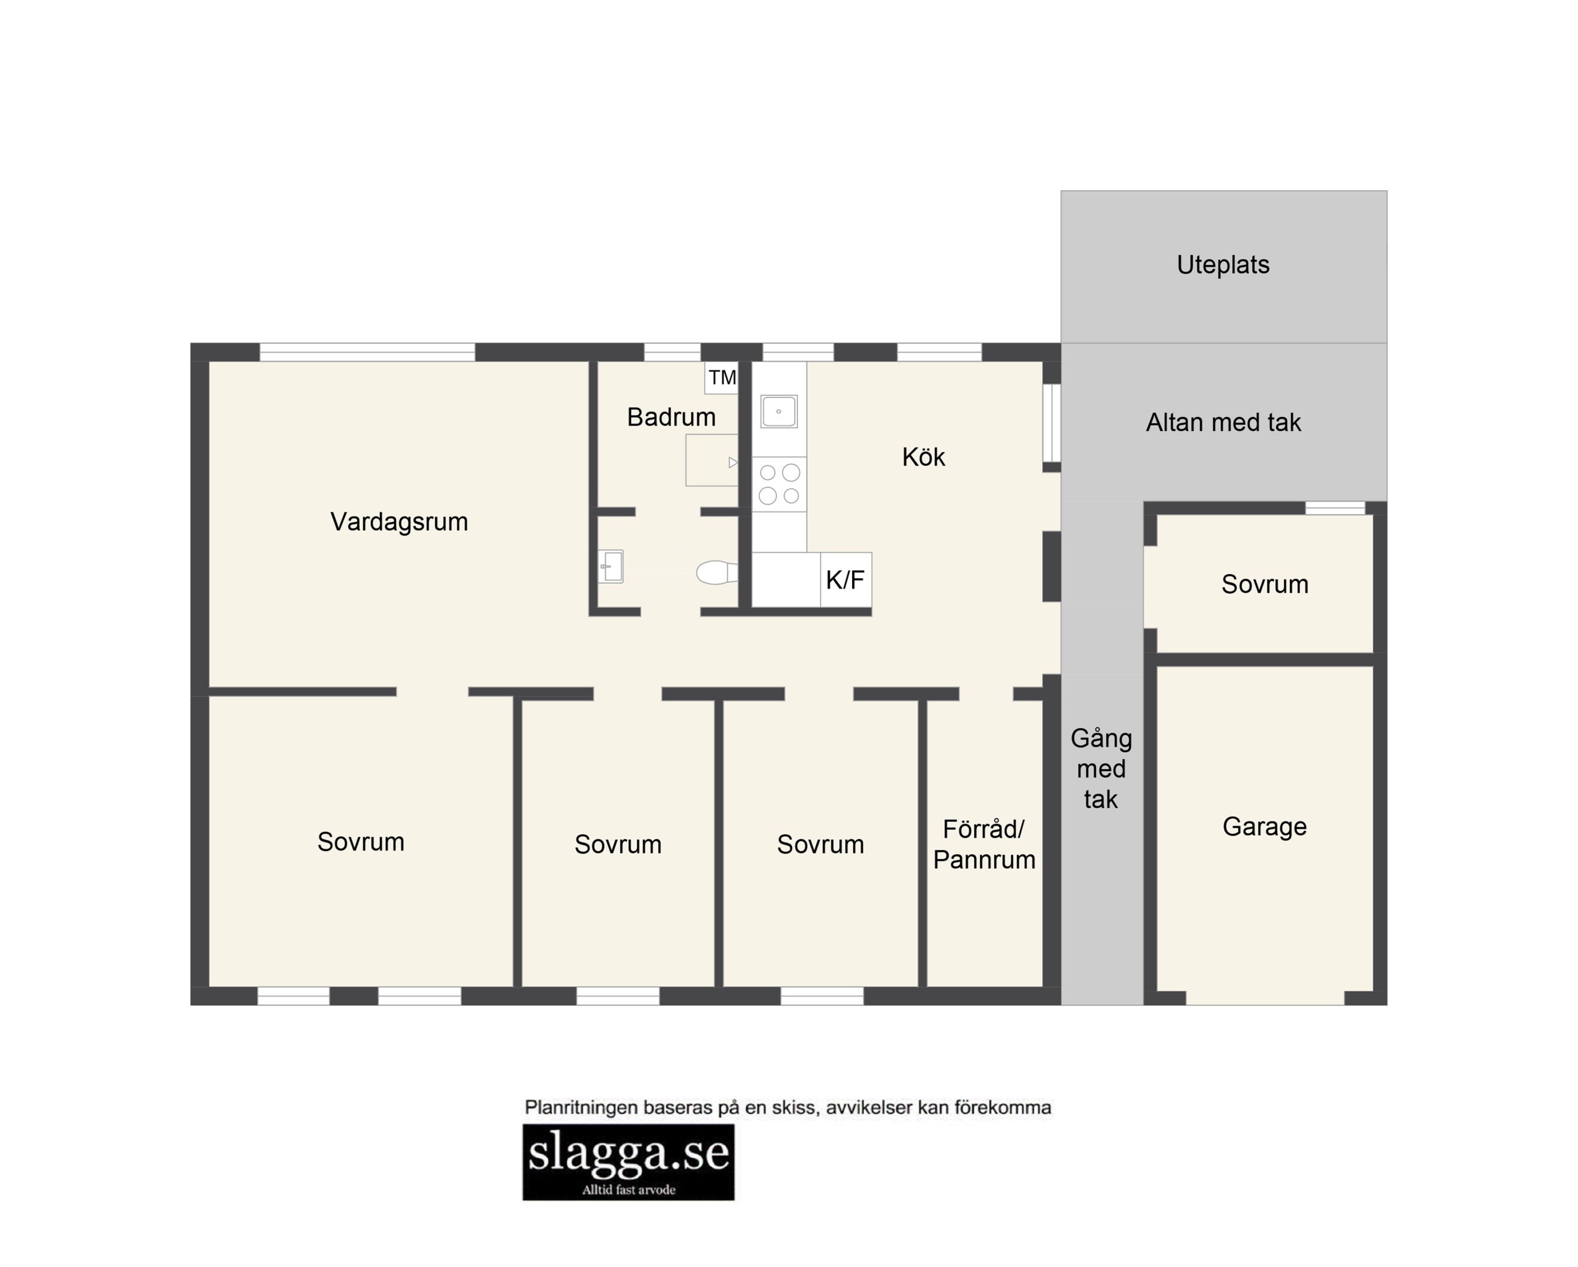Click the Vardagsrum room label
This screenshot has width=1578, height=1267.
(399, 522)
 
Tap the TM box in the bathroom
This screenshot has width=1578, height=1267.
(722, 378)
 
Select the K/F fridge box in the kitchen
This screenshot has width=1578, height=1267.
(846, 580)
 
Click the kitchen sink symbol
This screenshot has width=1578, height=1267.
(779, 411)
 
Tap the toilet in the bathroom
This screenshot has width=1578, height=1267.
(717, 572)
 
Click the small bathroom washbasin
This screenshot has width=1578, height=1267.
(611, 566)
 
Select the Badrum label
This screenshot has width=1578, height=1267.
(671, 417)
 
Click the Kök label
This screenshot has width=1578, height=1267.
(924, 457)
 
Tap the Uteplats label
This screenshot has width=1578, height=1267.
(1223, 265)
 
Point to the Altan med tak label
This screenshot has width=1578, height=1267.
(1223, 423)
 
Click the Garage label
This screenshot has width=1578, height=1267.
(1265, 826)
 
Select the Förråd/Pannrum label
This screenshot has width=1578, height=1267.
(984, 844)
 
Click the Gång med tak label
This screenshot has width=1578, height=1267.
(1101, 769)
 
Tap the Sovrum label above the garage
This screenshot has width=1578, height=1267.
(1265, 584)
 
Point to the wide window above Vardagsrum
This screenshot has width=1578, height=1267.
(367, 352)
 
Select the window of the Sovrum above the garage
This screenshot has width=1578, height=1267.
(1336, 507)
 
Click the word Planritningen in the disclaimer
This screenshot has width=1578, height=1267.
(583, 1108)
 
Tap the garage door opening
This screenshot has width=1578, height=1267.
(1265, 998)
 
